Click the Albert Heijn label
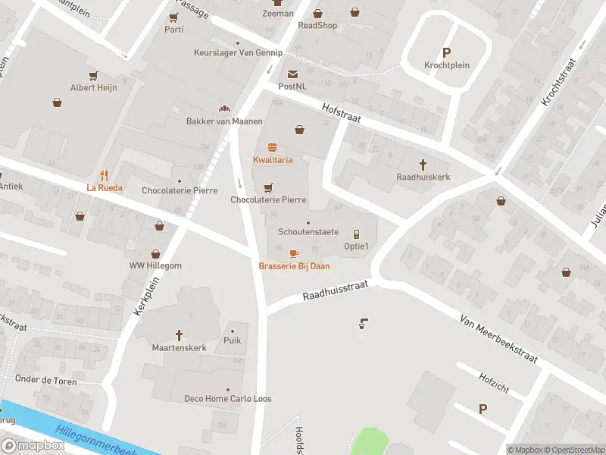click(x=94, y=88)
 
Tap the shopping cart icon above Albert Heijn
click(x=94, y=75)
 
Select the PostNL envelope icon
click(x=292, y=74)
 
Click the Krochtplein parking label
click(x=446, y=65)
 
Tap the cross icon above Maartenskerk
click(x=180, y=334)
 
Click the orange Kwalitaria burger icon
click(x=272, y=147)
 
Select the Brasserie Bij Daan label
click(x=294, y=266)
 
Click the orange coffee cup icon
click(x=294, y=253)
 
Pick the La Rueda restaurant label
click(x=105, y=188)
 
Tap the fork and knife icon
click(x=105, y=174)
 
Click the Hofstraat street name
click(x=340, y=114)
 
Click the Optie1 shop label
click(x=356, y=246)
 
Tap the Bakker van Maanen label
click(x=224, y=121)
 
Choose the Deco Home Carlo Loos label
click(x=228, y=399)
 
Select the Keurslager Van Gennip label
click(x=237, y=53)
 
